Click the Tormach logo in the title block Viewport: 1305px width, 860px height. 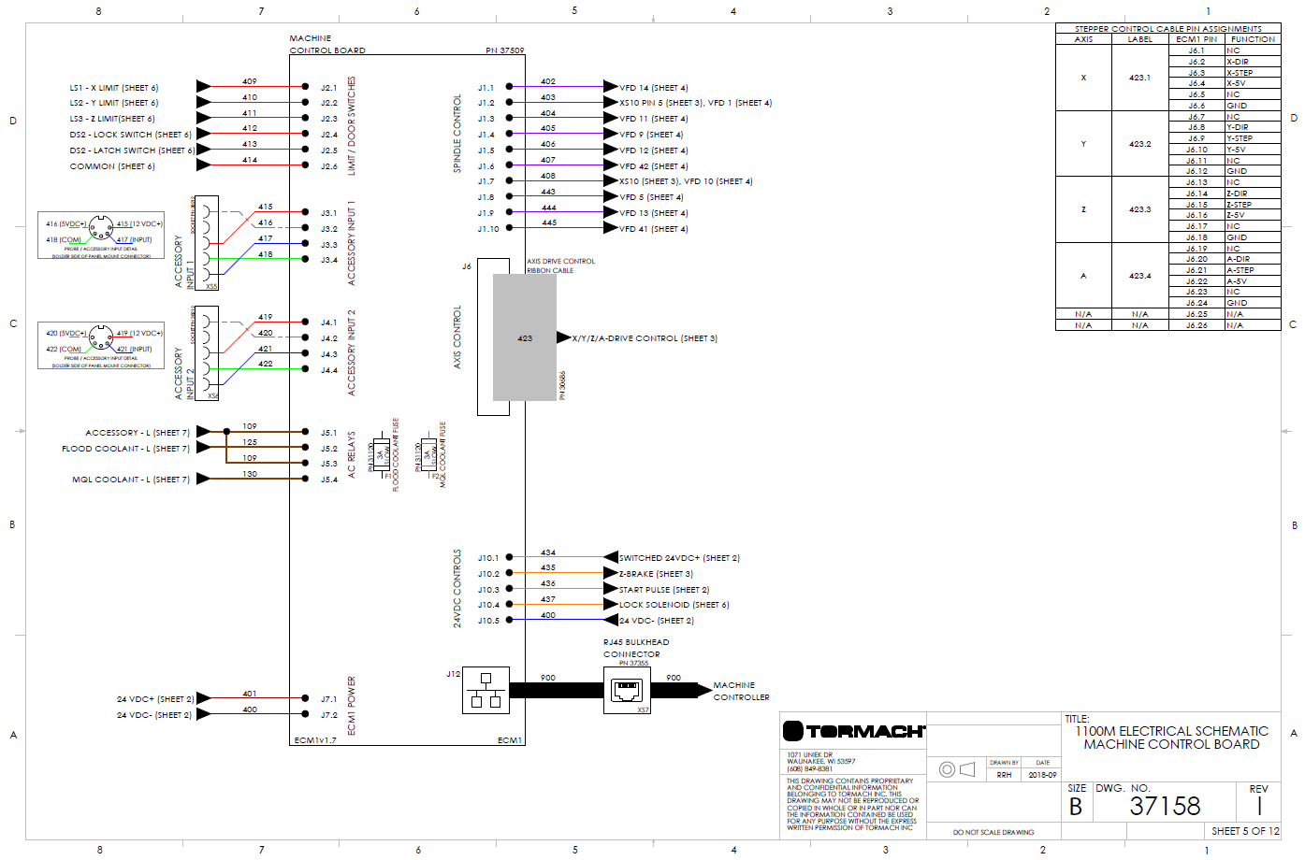click(x=854, y=731)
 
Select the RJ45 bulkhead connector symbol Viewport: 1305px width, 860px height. click(x=627, y=691)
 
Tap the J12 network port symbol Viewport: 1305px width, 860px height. click(x=486, y=690)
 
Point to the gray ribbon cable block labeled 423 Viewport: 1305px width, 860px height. click(x=525, y=337)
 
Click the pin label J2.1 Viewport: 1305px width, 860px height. click(x=329, y=88)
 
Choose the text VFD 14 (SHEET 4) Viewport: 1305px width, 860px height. click(x=653, y=88)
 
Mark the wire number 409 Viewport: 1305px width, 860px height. click(x=250, y=81)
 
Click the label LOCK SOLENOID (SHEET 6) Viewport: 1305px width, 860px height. click(x=674, y=605)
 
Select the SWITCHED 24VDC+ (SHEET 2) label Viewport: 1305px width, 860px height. click(x=679, y=558)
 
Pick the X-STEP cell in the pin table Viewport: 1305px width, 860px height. click(x=1240, y=73)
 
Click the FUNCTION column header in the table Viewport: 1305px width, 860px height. click(x=1253, y=39)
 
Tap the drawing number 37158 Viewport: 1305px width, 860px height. click(x=1165, y=806)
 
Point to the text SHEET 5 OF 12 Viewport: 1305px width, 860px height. click(x=1244, y=831)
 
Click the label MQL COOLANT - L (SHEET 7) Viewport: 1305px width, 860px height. click(x=131, y=480)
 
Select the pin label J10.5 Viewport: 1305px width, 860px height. click(x=488, y=621)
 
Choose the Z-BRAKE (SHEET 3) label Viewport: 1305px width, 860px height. click(x=656, y=574)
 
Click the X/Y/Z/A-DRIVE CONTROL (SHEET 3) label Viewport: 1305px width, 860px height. click(x=645, y=338)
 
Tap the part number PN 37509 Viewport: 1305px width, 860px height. click(x=505, y=50)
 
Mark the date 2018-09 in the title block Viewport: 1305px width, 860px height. click(x=1042, y=775)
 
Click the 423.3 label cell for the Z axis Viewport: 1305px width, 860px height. click(x=1139, y=209)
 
